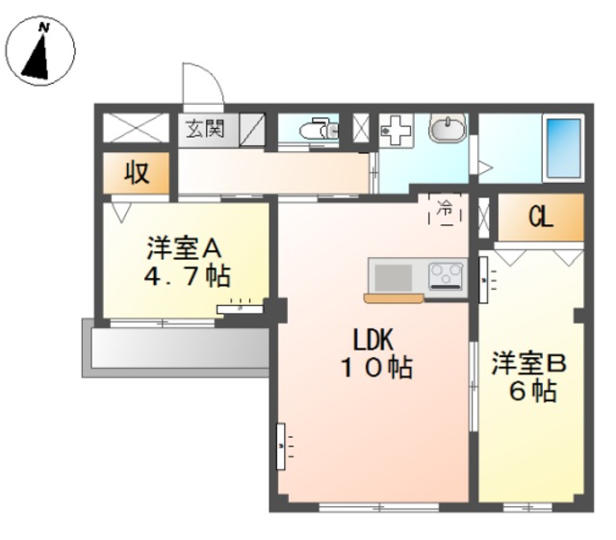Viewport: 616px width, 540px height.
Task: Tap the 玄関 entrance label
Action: pos(204,129)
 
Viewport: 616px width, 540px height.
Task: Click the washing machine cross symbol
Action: pos(395,129)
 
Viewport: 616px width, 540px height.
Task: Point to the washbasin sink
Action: pos(447,129)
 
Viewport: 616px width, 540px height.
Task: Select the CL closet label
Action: pos(540,219)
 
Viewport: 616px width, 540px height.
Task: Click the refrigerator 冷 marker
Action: pos(445,209)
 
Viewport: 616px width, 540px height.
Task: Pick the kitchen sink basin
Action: pos(393,277)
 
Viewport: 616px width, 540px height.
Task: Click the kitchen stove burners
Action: pos(445,277)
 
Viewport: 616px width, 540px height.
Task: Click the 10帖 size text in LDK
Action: pos(374,367)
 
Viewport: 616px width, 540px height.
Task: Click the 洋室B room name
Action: pos(529,364)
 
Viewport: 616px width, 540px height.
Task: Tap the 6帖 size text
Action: pos(529,392)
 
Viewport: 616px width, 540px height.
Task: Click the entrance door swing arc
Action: pos(204,83)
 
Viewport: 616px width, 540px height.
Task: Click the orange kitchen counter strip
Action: pos(392,297)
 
